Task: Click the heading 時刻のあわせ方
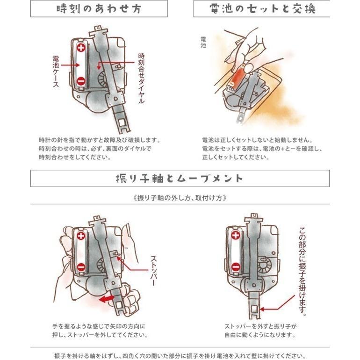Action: (99, 8)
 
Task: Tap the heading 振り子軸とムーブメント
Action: (180, 178)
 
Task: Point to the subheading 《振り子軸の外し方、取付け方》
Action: (180, 197)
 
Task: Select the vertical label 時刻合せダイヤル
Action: (141, 79)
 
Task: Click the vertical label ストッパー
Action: (153, 270)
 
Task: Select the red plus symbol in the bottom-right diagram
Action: (235, 236)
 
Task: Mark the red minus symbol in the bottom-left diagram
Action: (81, 267)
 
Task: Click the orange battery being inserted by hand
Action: (238, 75)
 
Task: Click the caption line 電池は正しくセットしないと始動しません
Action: (257, 140)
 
